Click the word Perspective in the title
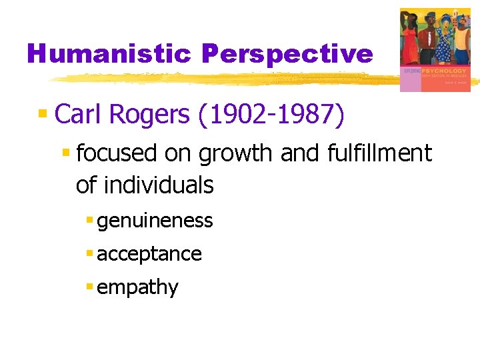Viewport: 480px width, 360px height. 287,54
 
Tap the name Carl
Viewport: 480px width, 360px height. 81,114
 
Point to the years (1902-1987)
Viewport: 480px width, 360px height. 272,115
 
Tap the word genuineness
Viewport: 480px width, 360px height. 155,221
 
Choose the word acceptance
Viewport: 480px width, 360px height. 149,254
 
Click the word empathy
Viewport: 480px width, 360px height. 137,288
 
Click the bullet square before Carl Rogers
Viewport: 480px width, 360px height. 43,114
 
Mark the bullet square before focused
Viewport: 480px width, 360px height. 66,153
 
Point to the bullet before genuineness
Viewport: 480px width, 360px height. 89,220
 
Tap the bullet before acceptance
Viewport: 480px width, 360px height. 89,253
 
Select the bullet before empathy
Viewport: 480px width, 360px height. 89,287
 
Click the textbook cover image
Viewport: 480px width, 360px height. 434,49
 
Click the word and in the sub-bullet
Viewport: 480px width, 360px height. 299,153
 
